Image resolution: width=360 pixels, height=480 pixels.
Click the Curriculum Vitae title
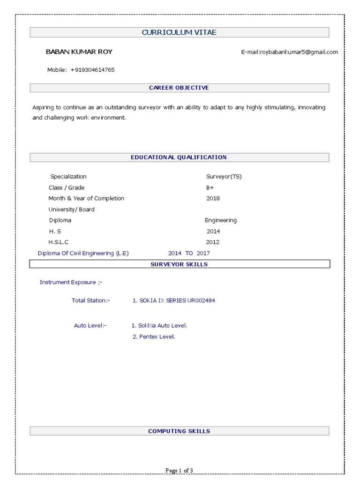coord(179,32)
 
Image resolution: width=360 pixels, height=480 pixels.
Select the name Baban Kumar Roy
coord(79,52)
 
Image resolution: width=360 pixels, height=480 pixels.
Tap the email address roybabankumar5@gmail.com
coord(289,52)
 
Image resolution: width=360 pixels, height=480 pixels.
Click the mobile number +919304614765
coord(92,70)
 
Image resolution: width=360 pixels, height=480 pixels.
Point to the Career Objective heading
coord(179,88)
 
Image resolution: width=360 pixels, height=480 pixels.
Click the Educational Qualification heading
coord(179,157)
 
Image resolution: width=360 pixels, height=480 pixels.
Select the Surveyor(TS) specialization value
coord(224,177)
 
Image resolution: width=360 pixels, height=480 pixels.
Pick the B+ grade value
coord(210,187)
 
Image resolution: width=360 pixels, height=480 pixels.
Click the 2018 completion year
coord(213,198)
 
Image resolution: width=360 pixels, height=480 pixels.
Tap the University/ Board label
coord(71,210)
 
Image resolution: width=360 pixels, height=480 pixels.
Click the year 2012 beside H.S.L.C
coord(212,242)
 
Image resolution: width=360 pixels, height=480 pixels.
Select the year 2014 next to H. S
coord(213,231)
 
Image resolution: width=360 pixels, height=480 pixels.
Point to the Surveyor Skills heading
coord(179,264)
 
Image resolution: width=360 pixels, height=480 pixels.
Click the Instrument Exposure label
coord(71,282)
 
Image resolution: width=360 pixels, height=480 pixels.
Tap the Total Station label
coord(90,300)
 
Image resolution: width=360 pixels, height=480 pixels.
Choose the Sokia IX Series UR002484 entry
coord(174,300)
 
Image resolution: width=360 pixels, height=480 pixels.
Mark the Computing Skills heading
coord(179,431)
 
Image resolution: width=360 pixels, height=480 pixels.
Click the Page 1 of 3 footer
coord(180,471)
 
